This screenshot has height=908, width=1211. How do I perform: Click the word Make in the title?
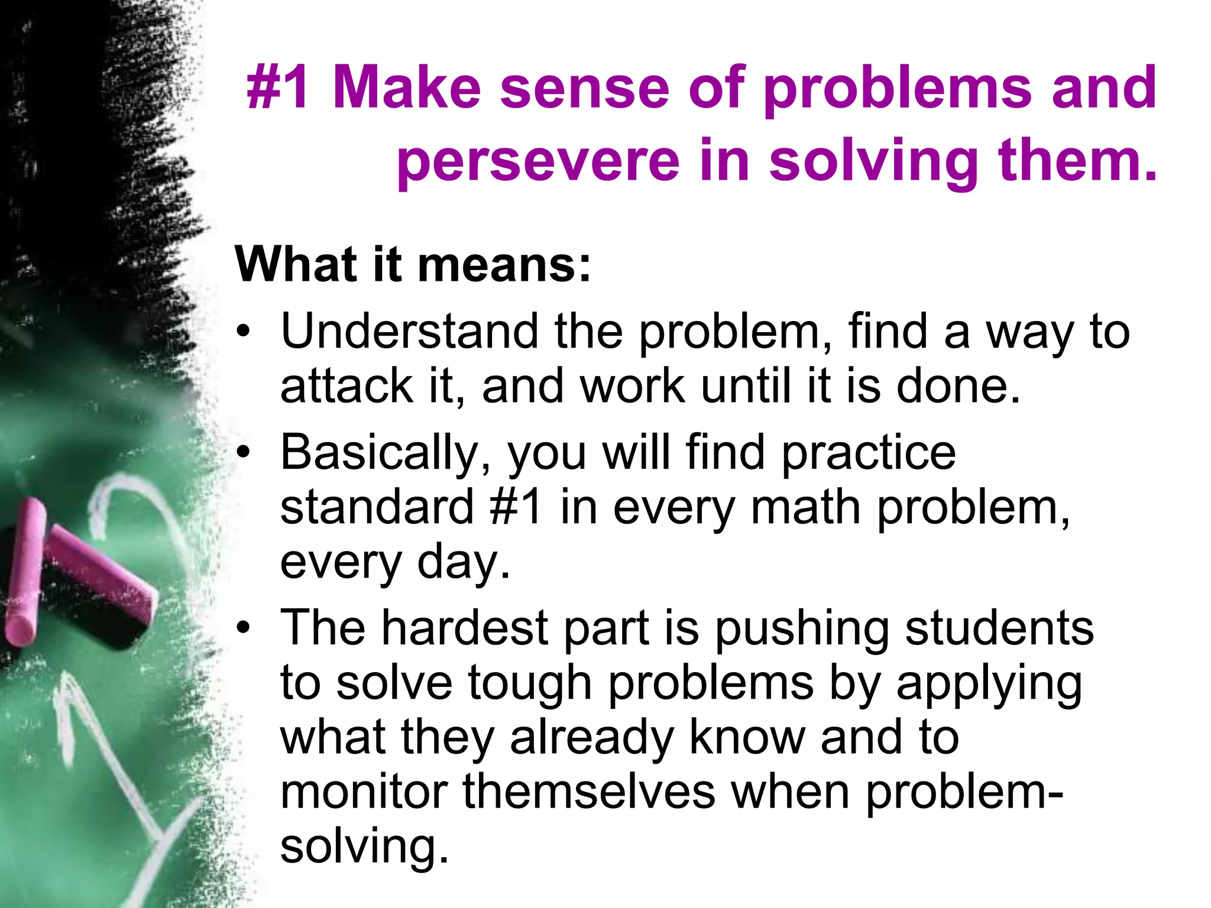(407, 89)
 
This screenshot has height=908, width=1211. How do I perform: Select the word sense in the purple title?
(584, 89)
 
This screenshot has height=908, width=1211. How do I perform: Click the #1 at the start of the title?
(279, 89)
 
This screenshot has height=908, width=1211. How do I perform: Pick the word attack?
(347, 386)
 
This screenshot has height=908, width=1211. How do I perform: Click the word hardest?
(464, 628)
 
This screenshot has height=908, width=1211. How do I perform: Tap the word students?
(999, 628)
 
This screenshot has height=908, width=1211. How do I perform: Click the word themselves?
(589, 792)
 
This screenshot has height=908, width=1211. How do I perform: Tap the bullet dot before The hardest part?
(243, 628)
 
